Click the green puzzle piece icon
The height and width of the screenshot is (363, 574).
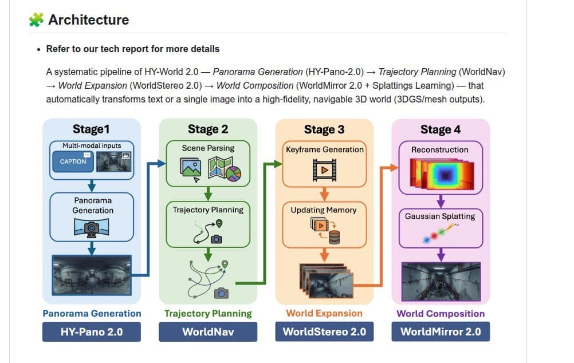36,19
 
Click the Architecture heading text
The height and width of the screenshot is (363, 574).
88,19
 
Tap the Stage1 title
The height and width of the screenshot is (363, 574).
92,129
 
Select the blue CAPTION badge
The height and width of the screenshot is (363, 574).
73,161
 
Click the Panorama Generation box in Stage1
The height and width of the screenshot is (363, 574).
92,216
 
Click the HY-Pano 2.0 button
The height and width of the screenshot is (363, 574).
92,332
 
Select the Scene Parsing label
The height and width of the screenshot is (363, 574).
208,148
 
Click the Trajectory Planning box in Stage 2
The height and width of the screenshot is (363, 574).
208,222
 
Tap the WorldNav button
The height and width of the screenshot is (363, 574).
208,332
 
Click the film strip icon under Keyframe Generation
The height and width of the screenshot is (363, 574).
324,169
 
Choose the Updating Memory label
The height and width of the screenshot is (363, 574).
324,210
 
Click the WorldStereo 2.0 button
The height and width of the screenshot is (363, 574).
324,332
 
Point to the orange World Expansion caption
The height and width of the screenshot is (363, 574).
324,313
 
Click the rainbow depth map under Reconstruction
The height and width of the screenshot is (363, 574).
441,173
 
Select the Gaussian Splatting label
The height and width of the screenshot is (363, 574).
440,216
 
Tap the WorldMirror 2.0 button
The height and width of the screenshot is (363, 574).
441,332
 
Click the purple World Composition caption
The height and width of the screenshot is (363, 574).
441,313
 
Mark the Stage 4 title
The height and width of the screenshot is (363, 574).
440,129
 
